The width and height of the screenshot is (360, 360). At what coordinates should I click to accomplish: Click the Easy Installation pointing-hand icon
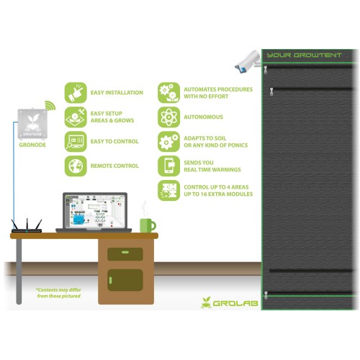coord(76,93)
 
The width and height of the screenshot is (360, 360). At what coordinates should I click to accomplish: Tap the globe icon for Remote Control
coord(76,166)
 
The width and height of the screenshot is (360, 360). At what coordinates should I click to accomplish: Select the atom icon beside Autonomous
coord(168,117)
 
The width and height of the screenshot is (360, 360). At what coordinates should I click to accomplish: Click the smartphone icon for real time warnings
coord(168,166)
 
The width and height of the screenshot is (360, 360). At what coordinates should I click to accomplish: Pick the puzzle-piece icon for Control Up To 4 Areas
coord(168,190)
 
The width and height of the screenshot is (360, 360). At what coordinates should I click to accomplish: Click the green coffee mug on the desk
coord(148,225)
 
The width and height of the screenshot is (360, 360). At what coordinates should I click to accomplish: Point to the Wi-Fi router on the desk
coord(27,226)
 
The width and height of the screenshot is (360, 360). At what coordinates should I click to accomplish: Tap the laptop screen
coord(95,212)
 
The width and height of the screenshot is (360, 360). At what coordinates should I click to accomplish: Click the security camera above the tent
coord(248,62)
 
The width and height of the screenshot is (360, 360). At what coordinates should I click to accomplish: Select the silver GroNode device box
coord(32,125)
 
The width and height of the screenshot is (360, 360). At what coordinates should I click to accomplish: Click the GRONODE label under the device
coord(32,145)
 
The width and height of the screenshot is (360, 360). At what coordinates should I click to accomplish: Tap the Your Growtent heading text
coord(304,55)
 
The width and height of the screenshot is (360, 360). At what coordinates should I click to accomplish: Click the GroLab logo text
coord(235,303)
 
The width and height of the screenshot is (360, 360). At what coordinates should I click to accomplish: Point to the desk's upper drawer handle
coord(125,252)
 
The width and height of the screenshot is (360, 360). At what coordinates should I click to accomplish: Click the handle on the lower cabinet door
coord(110,280)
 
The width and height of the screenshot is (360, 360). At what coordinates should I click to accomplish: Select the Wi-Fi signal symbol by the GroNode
coord(50,106)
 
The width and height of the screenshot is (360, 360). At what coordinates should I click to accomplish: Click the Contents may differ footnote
coord(59,293)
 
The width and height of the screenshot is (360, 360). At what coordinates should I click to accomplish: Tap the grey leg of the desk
coord(19,271)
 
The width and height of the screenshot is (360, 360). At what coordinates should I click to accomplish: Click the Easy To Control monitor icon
coord(76,142)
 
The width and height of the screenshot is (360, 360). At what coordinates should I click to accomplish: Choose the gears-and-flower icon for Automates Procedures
coord(168,93)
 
